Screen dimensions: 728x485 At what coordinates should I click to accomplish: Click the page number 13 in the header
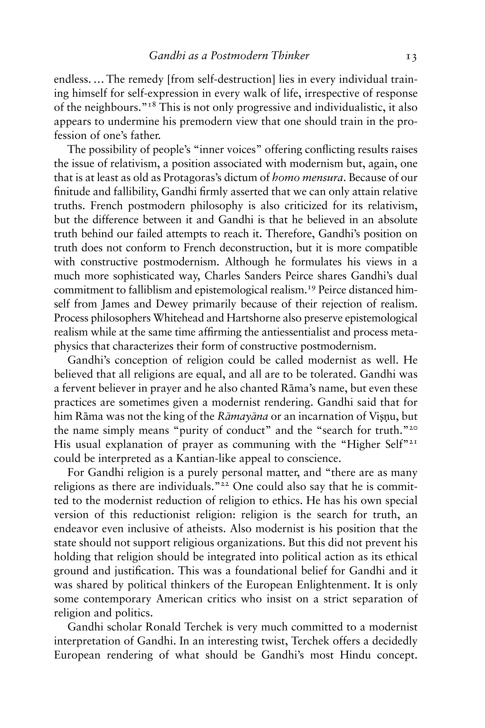(x=411, y=57)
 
